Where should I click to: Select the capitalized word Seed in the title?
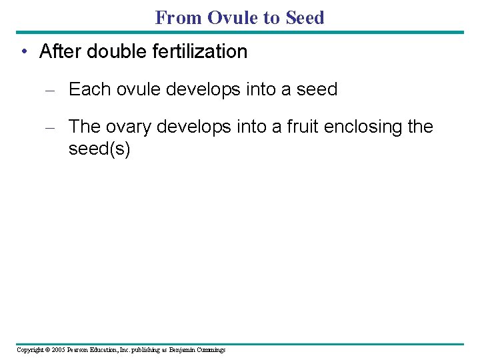tap(305, 17)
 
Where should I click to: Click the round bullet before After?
tap(23, 52)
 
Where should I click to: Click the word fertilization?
tap(202, 51)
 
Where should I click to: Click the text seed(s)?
tap(99, 149)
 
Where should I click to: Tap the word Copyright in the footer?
tap(30, 350)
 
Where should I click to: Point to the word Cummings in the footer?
tap(211, 350)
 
